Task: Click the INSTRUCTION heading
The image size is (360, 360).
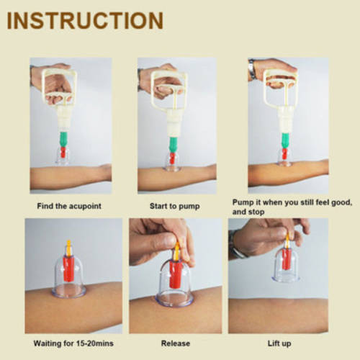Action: (x=85, y=21)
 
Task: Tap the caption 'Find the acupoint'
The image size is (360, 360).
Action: (x=69, y=206)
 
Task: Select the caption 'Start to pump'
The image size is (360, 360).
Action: (x=175, y=206)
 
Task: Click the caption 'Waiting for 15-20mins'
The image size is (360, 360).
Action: (x=73, y=343)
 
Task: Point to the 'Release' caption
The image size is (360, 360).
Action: (x=176, y=343)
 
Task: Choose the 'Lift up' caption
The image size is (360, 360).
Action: (x=279, y=343)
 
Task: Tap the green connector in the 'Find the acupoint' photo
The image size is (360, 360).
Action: (x=64, y=139)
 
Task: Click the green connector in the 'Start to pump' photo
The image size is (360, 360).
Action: (x=173, y=145)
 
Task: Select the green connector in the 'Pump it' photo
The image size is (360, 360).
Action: (x=286, y=140)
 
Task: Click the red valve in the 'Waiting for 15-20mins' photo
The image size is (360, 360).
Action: (x=68, y=269)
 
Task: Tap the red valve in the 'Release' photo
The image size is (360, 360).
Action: (x=175, y=274)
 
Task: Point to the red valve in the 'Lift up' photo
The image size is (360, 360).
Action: (x=287, y=258)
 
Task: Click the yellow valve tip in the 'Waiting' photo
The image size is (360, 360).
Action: (x=68, y=248)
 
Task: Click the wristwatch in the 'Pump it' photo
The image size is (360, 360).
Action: (x=251, y=70)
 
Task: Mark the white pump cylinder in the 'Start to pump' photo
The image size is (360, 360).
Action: (x=174, y=123)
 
